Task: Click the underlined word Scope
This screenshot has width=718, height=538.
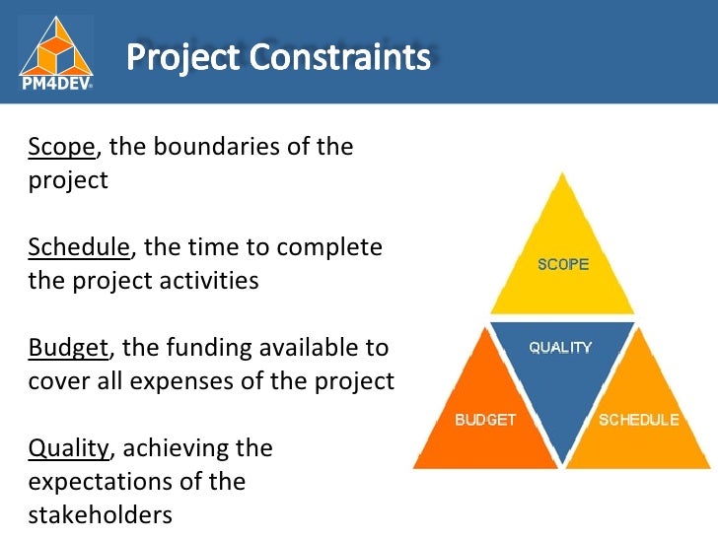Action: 61,148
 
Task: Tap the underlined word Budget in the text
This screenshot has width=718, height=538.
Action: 69,348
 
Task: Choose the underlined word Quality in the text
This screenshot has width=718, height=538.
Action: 68,448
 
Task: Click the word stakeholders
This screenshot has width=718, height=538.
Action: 100,515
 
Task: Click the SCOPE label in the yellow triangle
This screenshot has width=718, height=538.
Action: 563,264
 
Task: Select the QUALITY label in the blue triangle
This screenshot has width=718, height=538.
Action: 560,347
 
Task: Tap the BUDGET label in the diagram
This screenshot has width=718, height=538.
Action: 484,420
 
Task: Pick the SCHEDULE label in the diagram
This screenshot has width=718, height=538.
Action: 639,420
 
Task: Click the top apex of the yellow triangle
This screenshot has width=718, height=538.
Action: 563,172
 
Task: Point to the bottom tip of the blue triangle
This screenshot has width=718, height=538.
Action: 561,464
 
